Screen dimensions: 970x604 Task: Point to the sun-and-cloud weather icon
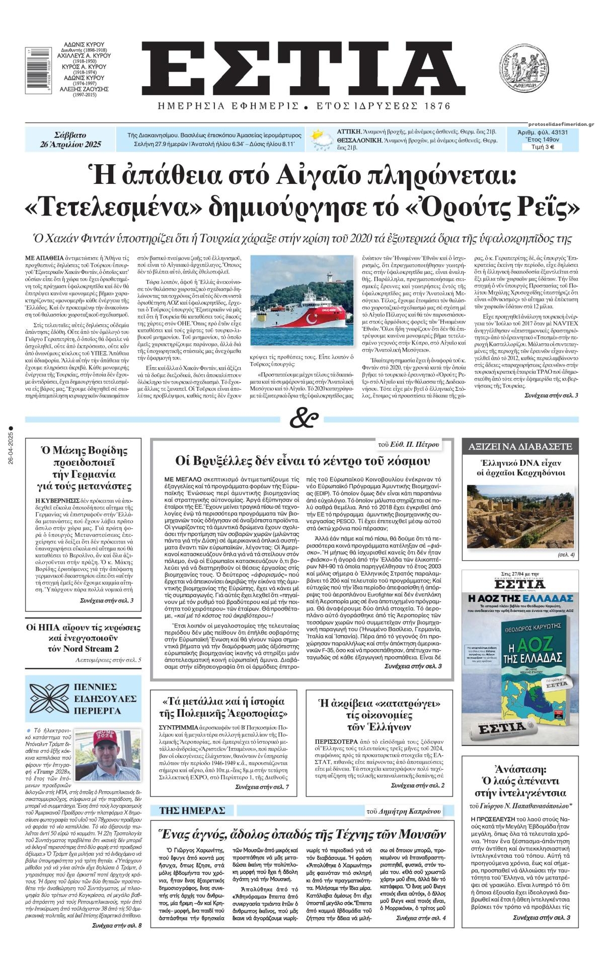319,140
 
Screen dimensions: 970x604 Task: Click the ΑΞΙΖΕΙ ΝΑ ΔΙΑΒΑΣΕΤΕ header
520,446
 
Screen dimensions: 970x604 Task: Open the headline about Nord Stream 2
84,638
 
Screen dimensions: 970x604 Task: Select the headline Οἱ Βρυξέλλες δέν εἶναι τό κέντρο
302,461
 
